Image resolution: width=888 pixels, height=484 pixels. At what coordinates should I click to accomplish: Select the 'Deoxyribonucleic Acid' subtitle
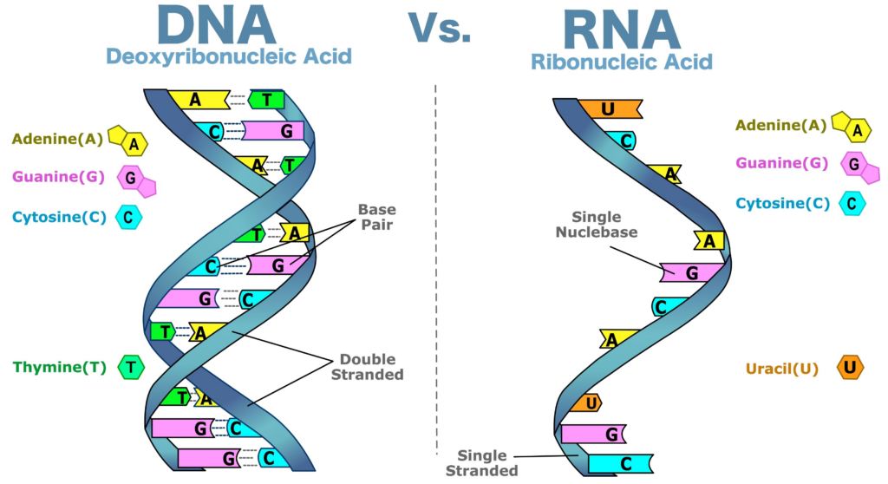click(x=229, y=57)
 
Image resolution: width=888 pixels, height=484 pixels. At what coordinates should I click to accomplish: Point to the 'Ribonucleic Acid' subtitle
click(x=621, y=62)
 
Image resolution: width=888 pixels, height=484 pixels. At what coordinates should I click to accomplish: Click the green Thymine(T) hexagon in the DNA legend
click(x=131, y=367)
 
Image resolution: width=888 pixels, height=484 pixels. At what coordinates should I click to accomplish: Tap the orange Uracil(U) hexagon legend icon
click(x=850, y=368)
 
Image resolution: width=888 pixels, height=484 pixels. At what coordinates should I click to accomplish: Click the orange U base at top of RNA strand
click(x=608, y=109)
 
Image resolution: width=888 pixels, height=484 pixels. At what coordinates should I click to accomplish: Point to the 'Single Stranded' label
click(x=487, y=463)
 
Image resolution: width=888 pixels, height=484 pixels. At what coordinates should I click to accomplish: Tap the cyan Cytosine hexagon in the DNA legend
click(x=128, y=217)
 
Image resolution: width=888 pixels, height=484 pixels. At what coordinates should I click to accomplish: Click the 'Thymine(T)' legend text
click(x=59, y=367)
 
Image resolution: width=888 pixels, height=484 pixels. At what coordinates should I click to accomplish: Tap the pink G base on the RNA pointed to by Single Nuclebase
click(x=691, y=273)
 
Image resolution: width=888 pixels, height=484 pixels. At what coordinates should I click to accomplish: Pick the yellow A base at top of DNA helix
click(x=197, y=99)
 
